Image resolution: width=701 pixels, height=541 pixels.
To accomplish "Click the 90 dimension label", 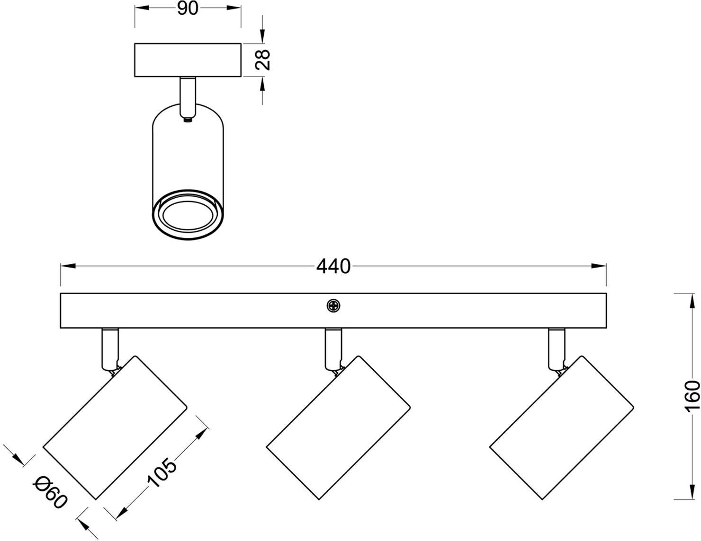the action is [x=188, y=9].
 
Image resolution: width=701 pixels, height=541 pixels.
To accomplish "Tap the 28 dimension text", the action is [x=262, y=60].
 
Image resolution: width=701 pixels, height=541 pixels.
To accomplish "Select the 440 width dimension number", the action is [x=333, y=266].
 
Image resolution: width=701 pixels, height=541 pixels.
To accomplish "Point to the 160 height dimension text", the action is [x=692, y=400].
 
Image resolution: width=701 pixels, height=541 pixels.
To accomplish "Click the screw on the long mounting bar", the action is [x=333, y=305].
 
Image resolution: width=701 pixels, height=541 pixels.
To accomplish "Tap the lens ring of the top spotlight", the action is [x=188, y=214].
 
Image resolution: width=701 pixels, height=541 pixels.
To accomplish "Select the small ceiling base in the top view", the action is [x=188, y=60].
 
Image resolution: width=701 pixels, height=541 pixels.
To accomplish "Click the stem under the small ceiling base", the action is [x=188, y=98].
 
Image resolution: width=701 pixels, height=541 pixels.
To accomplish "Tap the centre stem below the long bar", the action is [x=334, y=349].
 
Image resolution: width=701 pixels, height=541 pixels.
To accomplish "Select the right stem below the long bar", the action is [x=557, y=349].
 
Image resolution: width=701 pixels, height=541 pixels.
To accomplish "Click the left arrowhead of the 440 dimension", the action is [x=68, y=266].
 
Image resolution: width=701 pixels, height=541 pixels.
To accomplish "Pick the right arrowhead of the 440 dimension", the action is [x=599, y=266].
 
